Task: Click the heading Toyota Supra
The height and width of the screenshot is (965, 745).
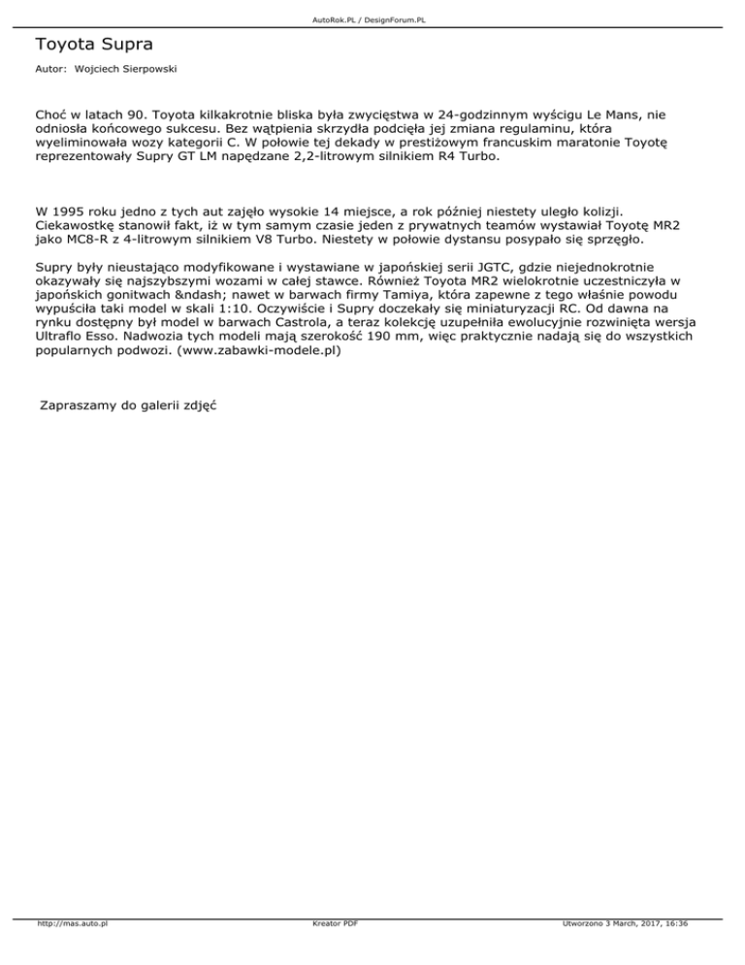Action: point(94,45)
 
